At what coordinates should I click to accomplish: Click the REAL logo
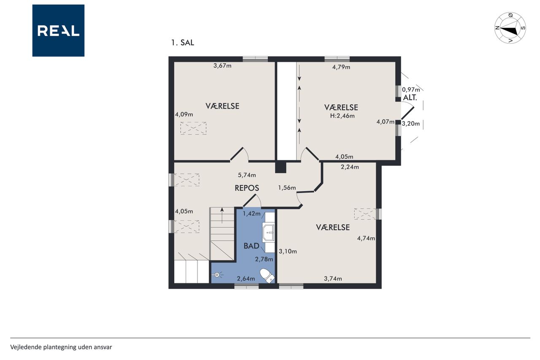click(58, 31)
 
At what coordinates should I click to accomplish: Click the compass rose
click(510, 28)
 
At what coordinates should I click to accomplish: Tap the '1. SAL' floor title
click(183, 43)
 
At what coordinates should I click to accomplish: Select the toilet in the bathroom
click(267, 276)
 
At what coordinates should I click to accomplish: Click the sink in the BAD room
click(269, 233)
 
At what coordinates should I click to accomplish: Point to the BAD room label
click(251, 246)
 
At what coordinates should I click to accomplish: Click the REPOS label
click(247, 188)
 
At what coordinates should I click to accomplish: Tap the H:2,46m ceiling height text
click(342, 116)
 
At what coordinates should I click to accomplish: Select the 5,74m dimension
click(247, 175)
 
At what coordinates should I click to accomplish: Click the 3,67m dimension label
click(222, 65)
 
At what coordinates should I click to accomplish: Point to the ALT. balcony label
click(410, 97)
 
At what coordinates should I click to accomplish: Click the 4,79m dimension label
click(341, 67)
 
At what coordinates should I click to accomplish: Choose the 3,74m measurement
click(333, 279)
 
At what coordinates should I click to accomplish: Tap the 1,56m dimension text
click(287, 187)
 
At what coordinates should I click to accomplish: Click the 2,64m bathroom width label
click(246, 279)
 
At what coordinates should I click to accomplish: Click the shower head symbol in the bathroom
click(217, 275)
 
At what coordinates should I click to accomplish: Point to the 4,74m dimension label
click(366, 238)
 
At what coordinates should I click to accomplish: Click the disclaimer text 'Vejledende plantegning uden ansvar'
click(61, 347)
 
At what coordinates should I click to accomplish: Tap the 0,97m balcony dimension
click(411, 90)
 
